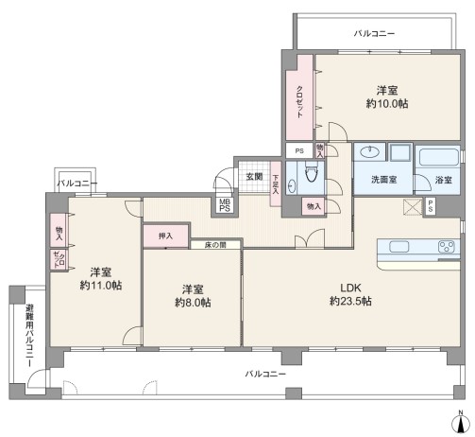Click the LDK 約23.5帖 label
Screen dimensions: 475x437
pos(350,295)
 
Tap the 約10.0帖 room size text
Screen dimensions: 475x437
pos(387,104)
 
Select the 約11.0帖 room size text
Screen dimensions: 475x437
pos(101,286)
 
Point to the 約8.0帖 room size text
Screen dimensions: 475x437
pos(193,303)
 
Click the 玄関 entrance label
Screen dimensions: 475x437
pos(254,177)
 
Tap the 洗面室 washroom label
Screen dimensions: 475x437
pos(383,180)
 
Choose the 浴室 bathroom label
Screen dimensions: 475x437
pos(444,180)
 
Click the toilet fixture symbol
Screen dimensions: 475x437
pos(312,172)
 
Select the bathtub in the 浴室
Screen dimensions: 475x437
pos(437,157)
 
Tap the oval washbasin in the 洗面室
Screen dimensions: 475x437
pos(370,152)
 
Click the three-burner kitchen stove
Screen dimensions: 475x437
pos(447,247)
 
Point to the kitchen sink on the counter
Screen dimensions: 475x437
pos(399,247)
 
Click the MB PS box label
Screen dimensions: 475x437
pos(225,205)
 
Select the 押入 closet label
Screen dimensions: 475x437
pos(165,236)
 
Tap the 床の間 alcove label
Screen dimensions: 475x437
pos(215,245)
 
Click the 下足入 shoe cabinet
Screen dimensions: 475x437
pos(276,184)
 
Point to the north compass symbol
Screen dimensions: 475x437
pos(461,422)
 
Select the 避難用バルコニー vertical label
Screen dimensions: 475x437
pos(29,336)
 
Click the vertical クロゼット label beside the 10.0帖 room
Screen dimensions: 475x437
pos(299,102)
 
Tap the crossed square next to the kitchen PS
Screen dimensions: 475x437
pos(413,207)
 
